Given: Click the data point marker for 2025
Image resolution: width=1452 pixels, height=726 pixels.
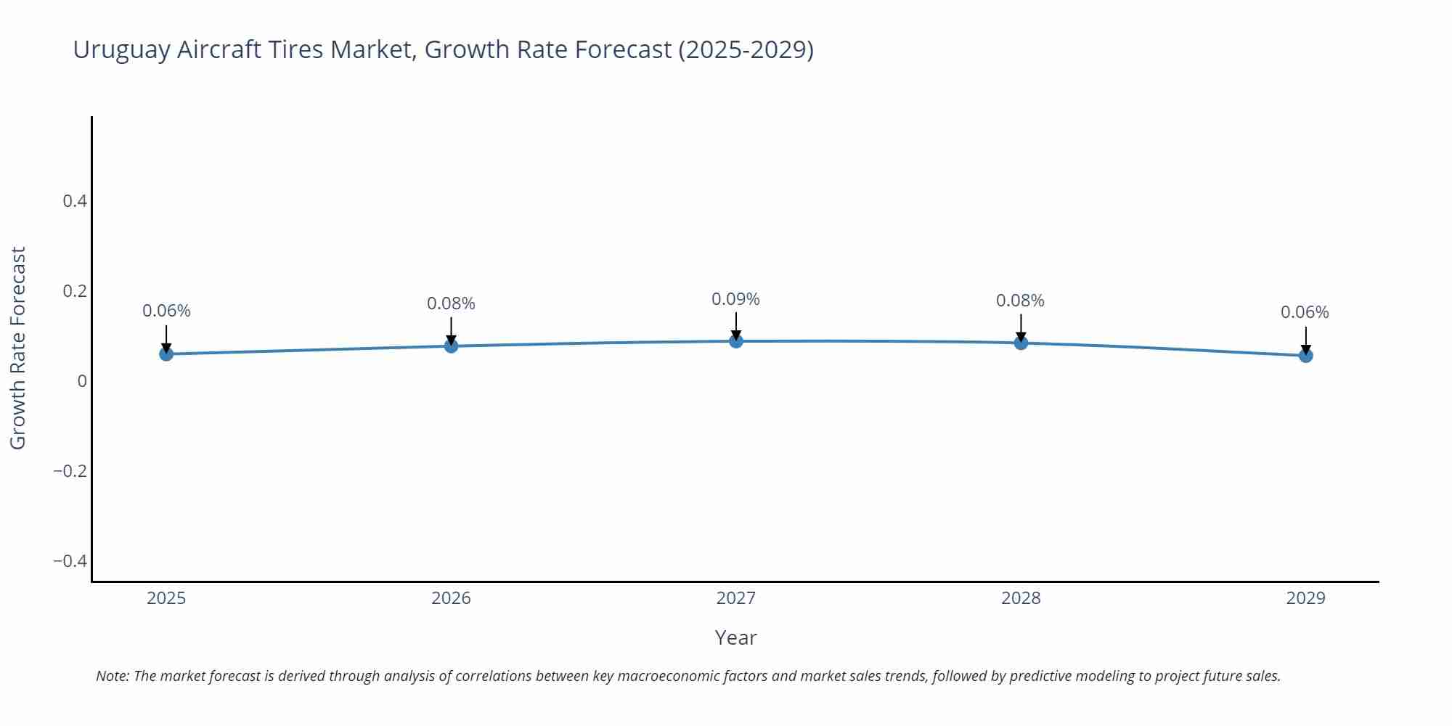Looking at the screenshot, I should pos(166,354).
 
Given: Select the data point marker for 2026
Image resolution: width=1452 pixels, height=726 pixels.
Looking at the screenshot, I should pos(451,346).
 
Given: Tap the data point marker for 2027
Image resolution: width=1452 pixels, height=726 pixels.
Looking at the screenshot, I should pos(736,340).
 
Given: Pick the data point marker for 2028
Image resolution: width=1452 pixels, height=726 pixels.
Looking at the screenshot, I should pos(1021,342).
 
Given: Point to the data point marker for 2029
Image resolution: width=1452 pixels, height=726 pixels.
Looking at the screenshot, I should pos(1305,355).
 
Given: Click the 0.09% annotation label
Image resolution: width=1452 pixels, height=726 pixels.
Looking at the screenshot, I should pos(735,299).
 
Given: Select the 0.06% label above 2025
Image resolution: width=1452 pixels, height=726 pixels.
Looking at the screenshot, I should pos(166,311).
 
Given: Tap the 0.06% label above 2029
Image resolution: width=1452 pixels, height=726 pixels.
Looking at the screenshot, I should pos(1305,312).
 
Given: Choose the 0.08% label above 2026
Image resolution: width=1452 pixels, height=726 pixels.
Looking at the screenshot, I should pos(451,303).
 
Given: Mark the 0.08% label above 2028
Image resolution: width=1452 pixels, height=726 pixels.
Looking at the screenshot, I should pos(1020,301).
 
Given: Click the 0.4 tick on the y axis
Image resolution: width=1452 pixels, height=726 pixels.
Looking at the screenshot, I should pos(75,201).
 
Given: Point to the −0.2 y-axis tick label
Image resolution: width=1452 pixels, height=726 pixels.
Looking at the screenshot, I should pos(70,471).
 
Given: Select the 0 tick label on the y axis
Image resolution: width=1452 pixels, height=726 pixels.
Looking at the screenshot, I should pos(82,381).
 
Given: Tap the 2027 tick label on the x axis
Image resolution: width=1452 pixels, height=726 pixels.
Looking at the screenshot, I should pos(735,598).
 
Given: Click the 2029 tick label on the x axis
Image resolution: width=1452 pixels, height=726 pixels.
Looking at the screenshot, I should pos(1305,598).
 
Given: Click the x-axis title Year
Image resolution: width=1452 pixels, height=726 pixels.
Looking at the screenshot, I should pos(735,637).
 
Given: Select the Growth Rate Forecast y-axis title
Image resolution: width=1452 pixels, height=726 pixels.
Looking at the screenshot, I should pos(18,348).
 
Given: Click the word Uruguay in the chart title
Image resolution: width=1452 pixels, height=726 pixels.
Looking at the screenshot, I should pos(121,50).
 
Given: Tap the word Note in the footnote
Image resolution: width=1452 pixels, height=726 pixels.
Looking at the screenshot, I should pos(112,676).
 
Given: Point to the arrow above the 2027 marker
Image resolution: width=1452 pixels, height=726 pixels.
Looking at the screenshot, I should pos(736,325).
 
